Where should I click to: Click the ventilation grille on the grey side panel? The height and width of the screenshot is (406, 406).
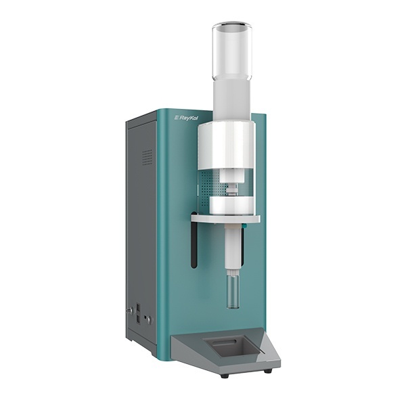coord(148,158)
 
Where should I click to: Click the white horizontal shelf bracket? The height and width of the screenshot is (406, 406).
coord(225,218)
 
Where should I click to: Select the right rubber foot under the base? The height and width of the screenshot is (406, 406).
coord(268,371)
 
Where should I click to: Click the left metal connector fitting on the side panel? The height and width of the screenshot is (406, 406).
coord(129,310)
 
